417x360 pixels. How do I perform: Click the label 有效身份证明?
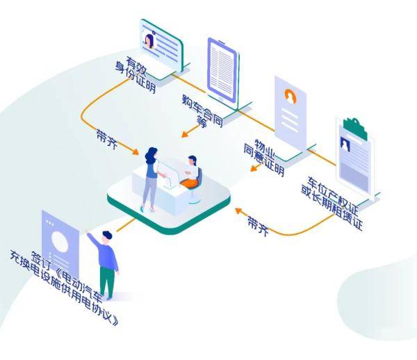[136, 74]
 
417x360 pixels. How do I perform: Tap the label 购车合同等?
[203, 111]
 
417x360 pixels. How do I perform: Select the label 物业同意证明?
[264, 158]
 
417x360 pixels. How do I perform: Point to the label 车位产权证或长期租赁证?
[332, 203]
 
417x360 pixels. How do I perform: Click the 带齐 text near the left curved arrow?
[107, 139]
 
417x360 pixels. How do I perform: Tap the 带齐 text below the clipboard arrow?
[259, 226]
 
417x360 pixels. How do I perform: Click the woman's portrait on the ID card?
[149, 41]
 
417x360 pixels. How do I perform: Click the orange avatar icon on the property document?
[291, 96]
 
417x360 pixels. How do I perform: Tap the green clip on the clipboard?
[355, 129]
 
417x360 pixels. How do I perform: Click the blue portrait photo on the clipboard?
[345, 144]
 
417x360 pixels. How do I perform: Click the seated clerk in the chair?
[191, 173]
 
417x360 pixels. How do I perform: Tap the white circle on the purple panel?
[60, 242]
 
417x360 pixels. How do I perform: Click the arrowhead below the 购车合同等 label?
[185, 134]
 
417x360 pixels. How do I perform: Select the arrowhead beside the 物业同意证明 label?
[254, 168]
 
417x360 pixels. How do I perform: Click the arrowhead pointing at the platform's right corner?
[238, 211]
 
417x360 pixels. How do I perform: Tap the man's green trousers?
[107, 283]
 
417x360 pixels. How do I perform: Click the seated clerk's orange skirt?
[189, 183]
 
